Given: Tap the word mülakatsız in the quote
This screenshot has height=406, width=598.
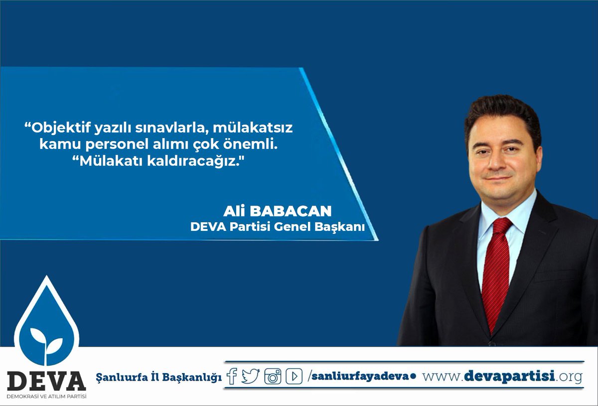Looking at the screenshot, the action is pos(253,128).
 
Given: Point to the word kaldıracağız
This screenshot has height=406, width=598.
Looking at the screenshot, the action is pos(196,162).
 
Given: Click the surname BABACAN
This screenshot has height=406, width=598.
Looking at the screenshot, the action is pos(291,211).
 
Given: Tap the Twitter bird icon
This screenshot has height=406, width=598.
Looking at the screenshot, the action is pos(250,376).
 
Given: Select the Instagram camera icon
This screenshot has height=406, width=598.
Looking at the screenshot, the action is pos(273,377).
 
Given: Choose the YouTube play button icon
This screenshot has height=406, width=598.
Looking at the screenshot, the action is pos(294,377).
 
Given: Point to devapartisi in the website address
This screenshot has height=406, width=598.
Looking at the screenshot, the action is pos(509,377).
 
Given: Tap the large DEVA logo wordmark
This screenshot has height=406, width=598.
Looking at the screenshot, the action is pos(46,381).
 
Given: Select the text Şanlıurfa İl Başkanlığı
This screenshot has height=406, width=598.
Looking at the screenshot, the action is pos(159,377).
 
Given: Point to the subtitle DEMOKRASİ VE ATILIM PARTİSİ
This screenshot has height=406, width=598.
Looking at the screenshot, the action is pos(46,397).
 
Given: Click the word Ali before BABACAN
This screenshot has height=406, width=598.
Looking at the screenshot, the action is pos(234,211).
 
